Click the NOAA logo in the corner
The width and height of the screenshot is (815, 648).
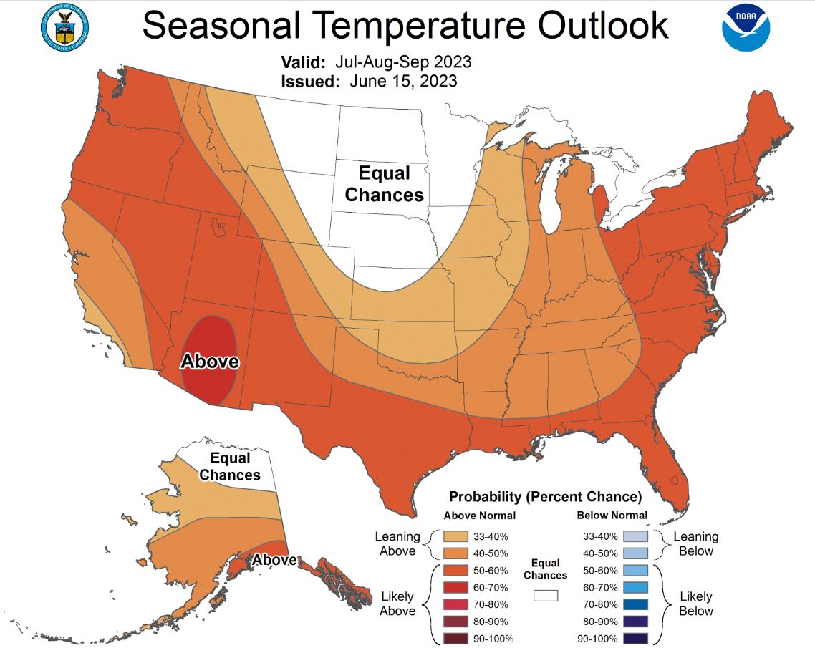(746, 29)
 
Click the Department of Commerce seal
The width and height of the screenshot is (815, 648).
(64, 27)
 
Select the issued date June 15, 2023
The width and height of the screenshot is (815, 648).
(403, 82)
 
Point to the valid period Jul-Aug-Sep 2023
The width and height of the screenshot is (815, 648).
(405, 62)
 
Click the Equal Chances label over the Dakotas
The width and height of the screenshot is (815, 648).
(384, 184)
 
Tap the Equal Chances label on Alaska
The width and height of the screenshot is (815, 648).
(229, 466)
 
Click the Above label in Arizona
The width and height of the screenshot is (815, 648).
(209, 362)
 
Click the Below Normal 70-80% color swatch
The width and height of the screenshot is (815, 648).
(635, 604)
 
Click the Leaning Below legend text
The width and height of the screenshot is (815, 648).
(695, 543)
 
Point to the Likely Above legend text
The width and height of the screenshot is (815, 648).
(397, 604)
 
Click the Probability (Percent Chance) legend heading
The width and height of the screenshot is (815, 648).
(544, 496)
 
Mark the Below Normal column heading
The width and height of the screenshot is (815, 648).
(612, 515)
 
